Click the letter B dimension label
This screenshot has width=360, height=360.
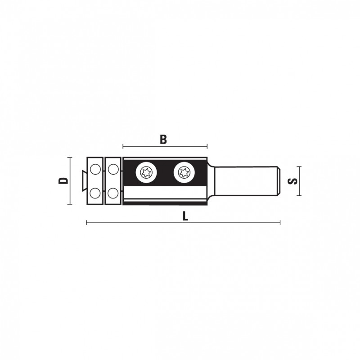click(163, 139)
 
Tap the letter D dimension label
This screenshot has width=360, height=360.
click(63, 180)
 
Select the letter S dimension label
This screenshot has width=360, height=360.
click(292, 181)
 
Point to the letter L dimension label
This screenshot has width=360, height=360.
click(185, 216)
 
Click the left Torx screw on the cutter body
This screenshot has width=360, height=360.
click(146, 173)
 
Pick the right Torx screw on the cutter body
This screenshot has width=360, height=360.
click(184, 173)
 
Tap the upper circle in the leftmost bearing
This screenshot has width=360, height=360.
click(95, 170)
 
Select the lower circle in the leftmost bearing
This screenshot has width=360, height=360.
click(95, 193)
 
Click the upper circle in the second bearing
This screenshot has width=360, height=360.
click(113, 170)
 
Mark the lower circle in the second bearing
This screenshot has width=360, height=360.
click(113, 193)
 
